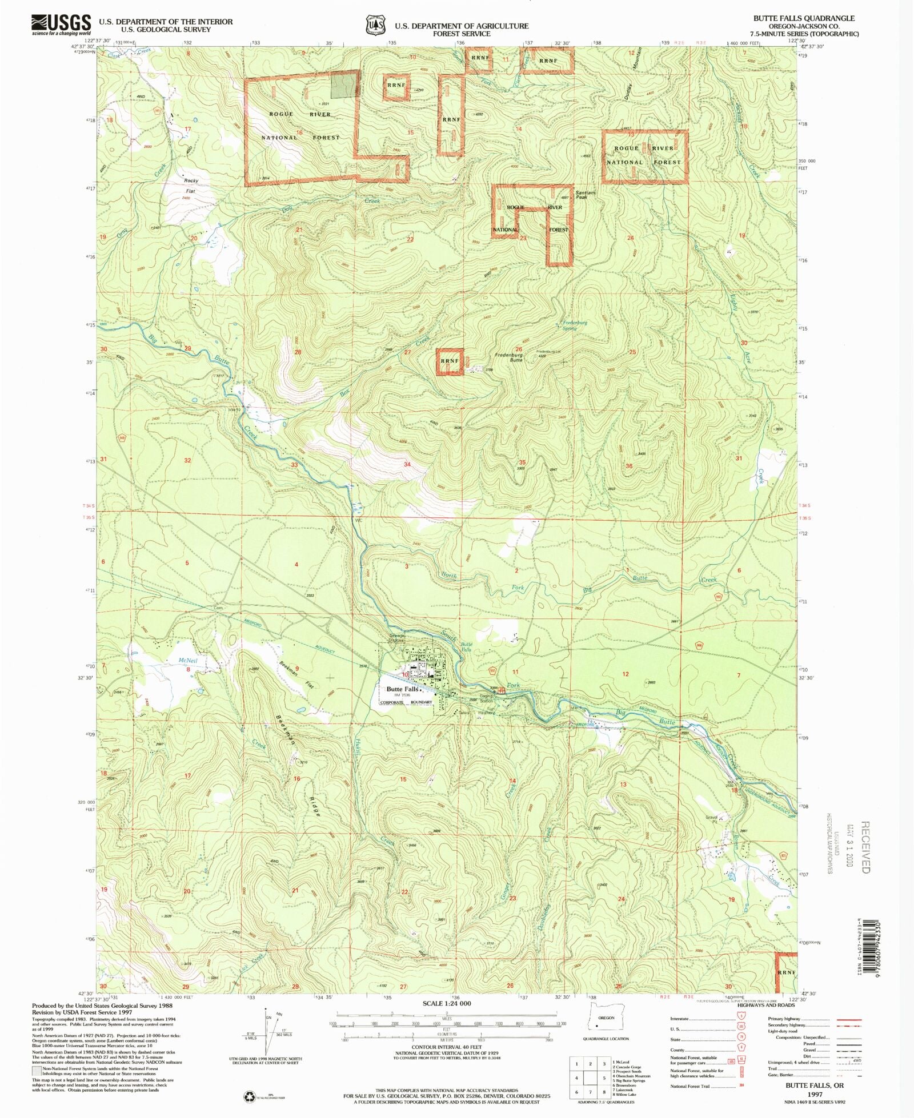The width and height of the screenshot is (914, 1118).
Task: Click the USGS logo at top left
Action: click(x=61, y=24)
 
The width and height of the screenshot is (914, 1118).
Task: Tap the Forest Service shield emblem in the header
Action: click(x=375, y=26)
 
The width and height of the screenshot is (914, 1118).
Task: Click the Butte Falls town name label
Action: click(x=403, y=689)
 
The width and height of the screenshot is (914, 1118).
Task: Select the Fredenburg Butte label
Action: click(x=508, y=357)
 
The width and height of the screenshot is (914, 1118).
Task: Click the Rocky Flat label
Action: click(x=191, y=186)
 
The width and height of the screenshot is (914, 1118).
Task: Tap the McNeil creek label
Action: click(x=187, y=661)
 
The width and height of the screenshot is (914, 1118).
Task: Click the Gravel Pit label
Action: click(x=711, y=818)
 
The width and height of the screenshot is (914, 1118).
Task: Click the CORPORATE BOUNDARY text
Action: click(x=406, y=702)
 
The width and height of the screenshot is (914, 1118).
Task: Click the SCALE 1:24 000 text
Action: click(x=447, y=1003)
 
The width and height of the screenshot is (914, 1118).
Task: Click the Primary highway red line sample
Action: click(x=849, y=1019)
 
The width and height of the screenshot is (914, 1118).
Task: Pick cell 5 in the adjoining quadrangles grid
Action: click(x=604, y=1078)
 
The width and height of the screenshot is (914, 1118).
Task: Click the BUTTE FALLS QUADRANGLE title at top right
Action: click(x=804, y=18)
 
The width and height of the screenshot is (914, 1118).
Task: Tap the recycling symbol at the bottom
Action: click(x=250, y=1096)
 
